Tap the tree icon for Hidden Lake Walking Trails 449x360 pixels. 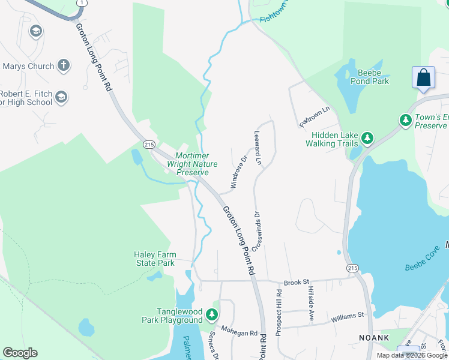point(367,139)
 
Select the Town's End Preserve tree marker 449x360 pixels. point(406,121)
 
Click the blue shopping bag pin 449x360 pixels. point(423,78)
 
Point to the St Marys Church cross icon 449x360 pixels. point(64,66)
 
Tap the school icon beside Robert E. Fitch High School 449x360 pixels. point(61,97)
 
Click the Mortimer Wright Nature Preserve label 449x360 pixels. point(192,164)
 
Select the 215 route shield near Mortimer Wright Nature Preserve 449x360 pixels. point(149,145)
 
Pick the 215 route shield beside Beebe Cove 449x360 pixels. point(352,268)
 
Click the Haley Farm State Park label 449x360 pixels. point(154,259)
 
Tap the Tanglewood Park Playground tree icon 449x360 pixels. point(211,314)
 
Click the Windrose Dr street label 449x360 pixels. point(237,172)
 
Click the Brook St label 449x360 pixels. point(296,281)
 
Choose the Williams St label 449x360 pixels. point(348,314)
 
